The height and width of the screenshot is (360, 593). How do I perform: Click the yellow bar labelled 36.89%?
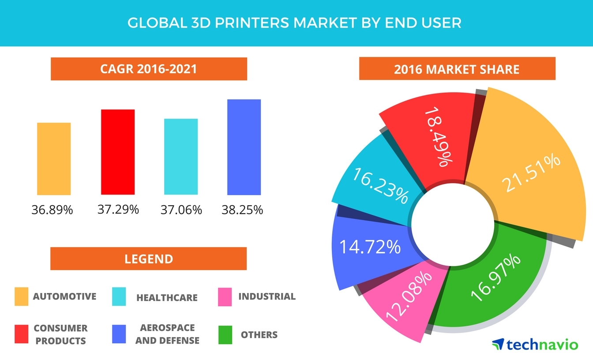[54, 159]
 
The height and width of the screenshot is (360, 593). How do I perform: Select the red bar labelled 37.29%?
[118, 152]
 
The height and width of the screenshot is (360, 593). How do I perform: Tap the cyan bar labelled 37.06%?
[181, 157]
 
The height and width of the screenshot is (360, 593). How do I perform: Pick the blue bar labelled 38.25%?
[244, 147]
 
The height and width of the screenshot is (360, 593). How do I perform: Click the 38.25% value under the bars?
[242, 210]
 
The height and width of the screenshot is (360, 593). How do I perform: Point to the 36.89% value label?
[52, 210]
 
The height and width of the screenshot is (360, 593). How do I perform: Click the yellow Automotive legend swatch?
[21, 296]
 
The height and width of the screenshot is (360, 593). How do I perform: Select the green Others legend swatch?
[225, 335]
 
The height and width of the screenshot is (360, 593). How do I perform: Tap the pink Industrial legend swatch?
[225, 296]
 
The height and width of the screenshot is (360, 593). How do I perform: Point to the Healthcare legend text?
[167, 298]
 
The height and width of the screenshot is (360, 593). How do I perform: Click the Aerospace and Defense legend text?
[167, 334]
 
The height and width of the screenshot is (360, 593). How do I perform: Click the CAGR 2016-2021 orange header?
[149, 69]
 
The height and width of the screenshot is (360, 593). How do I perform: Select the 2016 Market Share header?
[457, 69]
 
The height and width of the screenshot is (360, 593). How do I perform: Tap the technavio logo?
[535, 344]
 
